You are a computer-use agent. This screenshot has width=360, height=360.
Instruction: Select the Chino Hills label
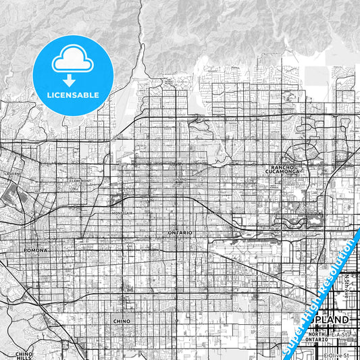(24, 355)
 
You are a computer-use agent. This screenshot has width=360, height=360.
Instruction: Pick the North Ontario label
(317, 336)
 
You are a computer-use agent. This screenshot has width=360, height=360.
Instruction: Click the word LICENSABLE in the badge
(72, 94)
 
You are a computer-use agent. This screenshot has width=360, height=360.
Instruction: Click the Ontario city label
(180, 232)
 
